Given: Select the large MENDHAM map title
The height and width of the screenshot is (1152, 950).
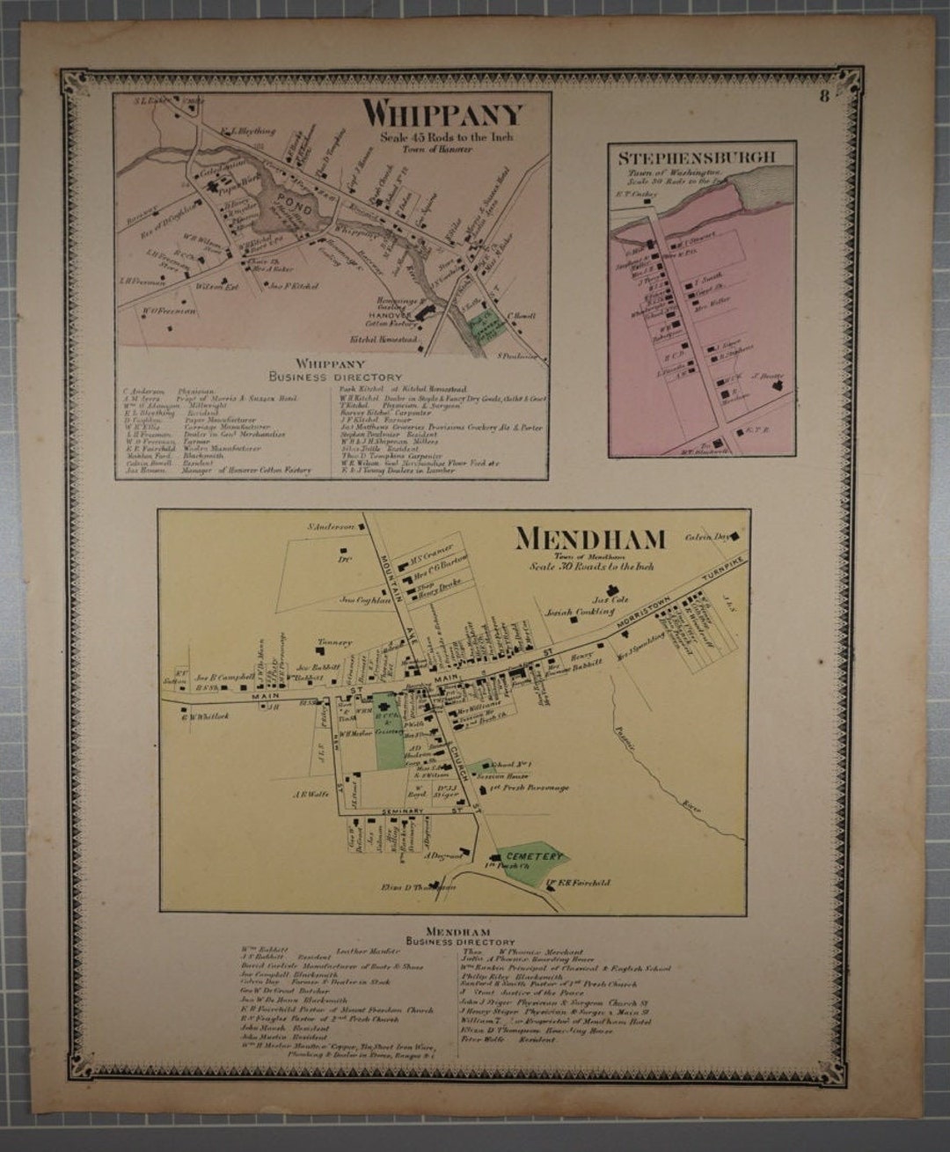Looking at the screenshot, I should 590,538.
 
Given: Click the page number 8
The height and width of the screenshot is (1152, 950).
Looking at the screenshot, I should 823,97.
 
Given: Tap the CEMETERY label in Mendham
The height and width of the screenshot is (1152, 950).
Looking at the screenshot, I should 533,856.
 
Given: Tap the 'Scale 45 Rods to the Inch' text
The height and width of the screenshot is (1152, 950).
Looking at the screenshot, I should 447,137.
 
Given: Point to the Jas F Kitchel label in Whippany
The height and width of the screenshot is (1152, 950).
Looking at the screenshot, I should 294,286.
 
